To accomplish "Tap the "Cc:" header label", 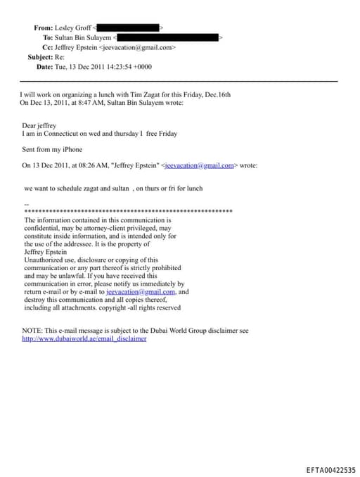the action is [x=48, y=47].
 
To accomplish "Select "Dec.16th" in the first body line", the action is [x=217, y=94].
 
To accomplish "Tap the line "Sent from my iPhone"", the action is [x=52, y=149].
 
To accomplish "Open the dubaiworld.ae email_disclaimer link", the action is [x=84, y=338].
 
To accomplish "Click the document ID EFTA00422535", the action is [x=330, y=470].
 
